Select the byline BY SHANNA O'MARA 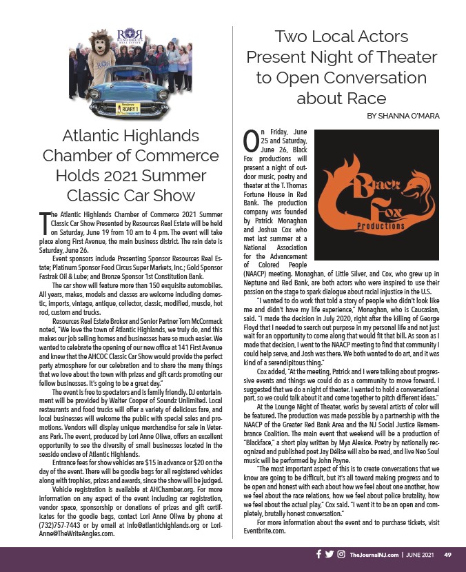pyautogui.click(x=403, y=116)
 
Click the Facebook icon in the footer pyautogui.click(x=318, y=554)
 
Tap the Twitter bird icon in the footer pyautogui.click(x=330, y=554)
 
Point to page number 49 pyautogui.click(x=447, y=555)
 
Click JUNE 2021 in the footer pyautogui.click(x=418, y=555)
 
